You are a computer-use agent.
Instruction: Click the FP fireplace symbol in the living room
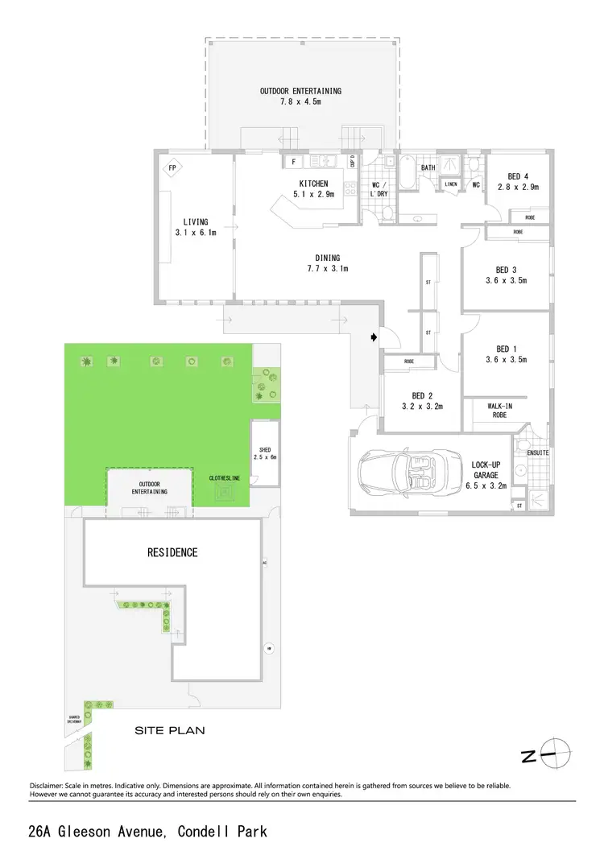coord(172,168)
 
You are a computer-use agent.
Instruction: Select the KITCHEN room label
coord(309,184)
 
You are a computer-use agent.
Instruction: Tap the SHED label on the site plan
coord(263,450)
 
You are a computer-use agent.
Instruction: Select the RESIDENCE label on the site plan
coord(172,553)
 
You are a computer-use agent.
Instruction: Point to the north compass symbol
coord(555,755)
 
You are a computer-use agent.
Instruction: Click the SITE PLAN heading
coord(169,731)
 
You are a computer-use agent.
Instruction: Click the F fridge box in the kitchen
coord(293,162)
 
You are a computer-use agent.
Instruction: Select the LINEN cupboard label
coord(451,184)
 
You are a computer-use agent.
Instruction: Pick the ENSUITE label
coord(538,453)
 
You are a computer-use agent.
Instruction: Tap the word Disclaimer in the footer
coord(52,785)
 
